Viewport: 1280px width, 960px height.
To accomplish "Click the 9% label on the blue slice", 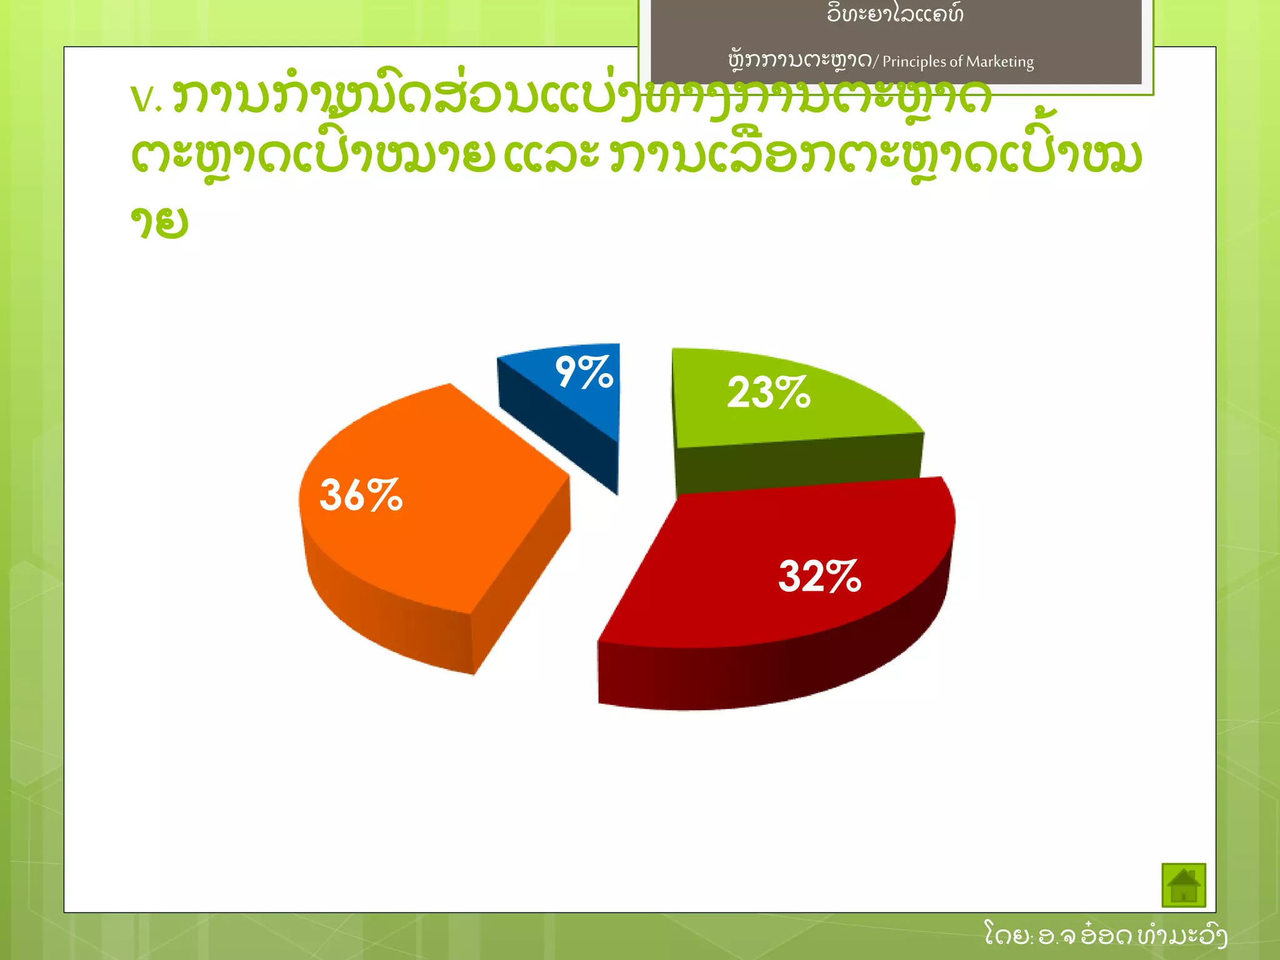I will coord(584,372).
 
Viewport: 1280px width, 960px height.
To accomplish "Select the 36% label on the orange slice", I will coord(361,495).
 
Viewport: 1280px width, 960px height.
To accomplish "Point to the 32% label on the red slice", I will coord(820,576).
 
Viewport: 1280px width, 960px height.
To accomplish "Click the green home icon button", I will coord(1183,884).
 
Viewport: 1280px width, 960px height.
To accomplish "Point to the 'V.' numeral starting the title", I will coord(146,99).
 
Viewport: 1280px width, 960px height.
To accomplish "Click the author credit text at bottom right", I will coord(1105,935).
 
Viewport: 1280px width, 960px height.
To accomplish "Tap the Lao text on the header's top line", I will coord(895,14).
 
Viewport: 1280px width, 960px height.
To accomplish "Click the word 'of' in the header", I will coord(956,62).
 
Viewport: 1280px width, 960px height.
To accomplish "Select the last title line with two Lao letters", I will coord(159,222).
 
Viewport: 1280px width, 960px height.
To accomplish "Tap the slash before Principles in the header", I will coord(876,61).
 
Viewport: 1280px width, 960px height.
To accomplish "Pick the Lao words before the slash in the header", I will coord(800,61).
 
